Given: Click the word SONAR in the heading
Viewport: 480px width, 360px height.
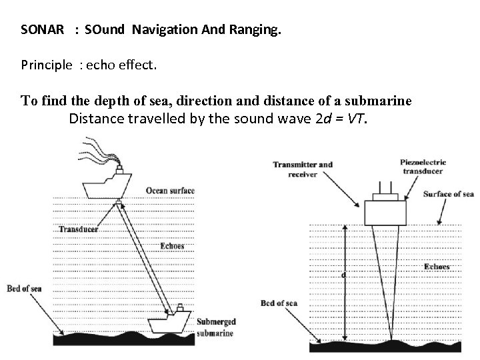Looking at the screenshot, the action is (x=43, y=30).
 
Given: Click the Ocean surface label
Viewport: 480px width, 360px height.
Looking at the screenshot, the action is (x=170, y=191).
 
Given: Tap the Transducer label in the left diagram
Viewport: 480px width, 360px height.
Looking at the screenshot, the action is (x=78, y=229).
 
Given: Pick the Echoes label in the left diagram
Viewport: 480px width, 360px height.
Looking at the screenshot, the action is (x=172, y=245).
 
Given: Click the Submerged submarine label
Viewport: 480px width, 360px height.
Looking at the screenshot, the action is (x=215, y=327).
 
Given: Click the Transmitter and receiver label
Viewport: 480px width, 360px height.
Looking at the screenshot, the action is (x=303, y=169).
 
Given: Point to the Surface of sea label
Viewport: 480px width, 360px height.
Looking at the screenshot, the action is (x=449, y=195).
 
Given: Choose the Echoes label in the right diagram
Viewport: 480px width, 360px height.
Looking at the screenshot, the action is (x=437, y=267).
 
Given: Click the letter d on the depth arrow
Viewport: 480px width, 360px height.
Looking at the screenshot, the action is (x=343, y=275).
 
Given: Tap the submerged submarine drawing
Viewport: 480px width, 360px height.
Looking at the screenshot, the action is (x=171, y=323).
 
